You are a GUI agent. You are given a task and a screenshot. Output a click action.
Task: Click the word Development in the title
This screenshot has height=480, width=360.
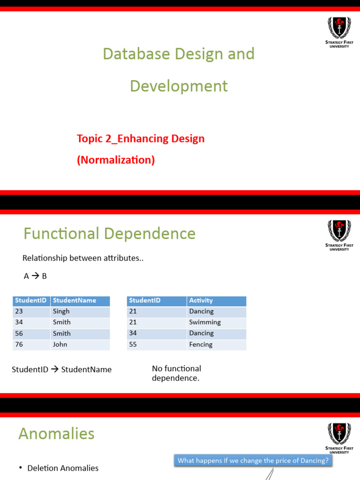179,86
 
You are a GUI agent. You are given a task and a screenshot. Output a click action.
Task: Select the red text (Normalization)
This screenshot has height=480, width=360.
116,160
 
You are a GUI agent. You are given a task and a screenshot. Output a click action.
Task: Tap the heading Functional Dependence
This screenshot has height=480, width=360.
109,233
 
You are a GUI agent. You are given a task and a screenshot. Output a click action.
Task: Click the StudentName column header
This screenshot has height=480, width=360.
75,300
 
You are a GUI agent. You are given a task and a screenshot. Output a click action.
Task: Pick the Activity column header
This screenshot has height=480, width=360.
201,300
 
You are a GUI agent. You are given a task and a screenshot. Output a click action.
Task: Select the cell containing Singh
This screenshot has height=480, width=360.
61,311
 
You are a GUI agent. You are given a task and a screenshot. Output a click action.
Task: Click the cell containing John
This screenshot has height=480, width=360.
60,345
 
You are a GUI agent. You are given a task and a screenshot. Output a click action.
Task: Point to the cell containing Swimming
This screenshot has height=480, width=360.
205,322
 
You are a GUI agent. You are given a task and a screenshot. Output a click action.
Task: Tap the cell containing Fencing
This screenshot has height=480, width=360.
201,345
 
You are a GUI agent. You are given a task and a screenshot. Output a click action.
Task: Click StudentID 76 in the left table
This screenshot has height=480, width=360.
19,345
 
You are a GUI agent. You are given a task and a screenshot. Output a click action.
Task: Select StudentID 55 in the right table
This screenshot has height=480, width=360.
133,345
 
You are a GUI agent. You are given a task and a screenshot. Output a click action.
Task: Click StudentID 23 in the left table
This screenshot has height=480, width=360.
19,311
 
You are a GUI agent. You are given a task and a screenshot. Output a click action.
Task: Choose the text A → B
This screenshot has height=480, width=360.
35,276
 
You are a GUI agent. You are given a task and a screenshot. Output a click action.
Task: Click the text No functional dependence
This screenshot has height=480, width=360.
176,373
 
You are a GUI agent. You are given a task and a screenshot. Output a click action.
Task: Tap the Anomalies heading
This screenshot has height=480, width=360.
56,434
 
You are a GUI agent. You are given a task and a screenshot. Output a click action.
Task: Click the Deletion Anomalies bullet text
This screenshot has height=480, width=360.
63,468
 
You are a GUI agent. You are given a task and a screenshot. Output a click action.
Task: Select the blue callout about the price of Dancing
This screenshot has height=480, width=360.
253,460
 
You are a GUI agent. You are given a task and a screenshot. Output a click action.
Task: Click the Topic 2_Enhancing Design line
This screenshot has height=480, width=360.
141,139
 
